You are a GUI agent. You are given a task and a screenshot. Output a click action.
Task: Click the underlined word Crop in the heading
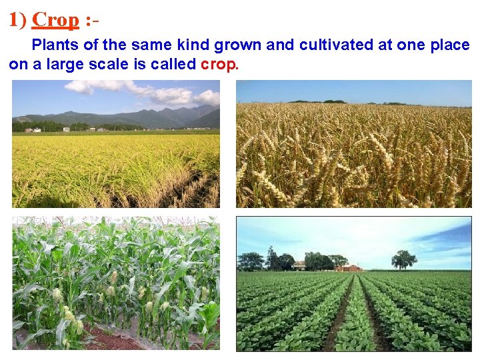55,20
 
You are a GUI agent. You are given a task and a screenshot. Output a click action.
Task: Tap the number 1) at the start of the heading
17,20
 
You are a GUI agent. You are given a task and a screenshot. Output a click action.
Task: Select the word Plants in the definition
53,45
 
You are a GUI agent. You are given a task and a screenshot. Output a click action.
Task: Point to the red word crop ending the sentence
219,65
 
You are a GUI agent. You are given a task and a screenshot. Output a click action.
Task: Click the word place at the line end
449,45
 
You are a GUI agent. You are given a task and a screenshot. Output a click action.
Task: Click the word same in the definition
150,45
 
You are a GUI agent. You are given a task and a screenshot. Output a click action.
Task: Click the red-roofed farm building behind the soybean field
349,268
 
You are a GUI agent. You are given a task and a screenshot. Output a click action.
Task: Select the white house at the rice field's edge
66,129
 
